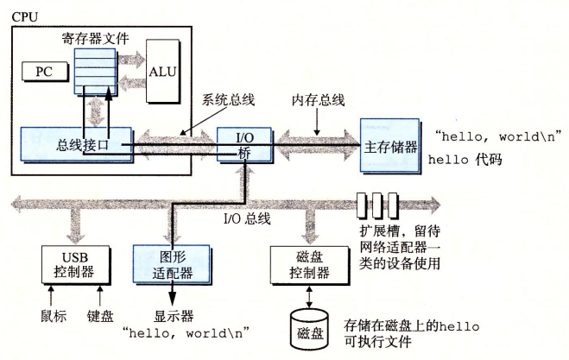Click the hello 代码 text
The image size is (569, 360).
coord(471,161)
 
